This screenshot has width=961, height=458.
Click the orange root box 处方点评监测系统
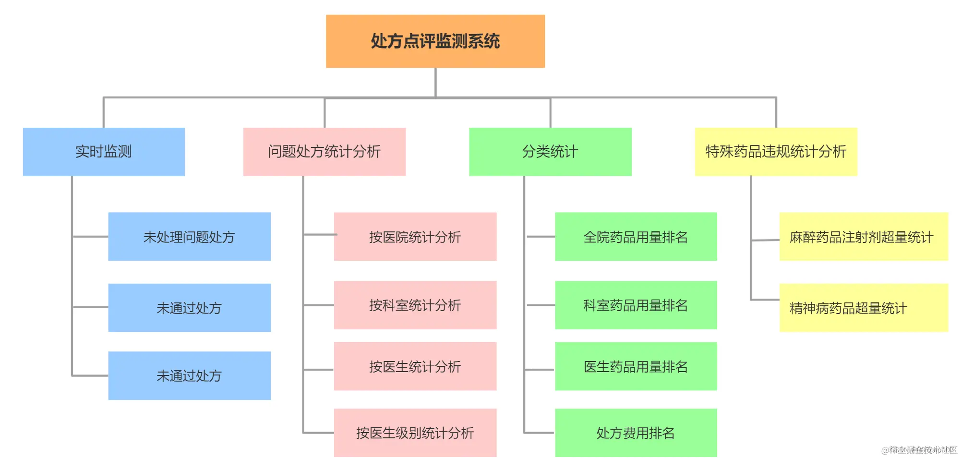435,41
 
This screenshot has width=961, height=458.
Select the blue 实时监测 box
104,152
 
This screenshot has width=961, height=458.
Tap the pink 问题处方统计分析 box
324,152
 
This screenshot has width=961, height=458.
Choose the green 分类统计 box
550,152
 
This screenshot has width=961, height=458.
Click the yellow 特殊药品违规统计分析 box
776,152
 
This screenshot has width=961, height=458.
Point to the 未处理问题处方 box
189,237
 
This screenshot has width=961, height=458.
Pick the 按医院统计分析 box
415,237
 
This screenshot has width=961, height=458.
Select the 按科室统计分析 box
415,305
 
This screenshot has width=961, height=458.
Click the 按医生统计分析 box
415,366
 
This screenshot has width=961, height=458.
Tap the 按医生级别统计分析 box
415,433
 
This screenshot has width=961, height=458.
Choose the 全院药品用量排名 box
636,237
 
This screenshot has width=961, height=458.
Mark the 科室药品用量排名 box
636,305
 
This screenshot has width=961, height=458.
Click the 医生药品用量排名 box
636,366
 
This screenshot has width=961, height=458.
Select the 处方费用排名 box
636,433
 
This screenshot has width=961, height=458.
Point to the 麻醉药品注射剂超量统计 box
863,237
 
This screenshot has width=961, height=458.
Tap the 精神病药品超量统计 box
863,308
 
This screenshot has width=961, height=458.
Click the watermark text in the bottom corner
919,450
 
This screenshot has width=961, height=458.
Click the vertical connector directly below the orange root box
435,83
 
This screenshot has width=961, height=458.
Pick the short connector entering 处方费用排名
540,433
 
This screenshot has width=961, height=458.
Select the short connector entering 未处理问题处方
90,237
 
